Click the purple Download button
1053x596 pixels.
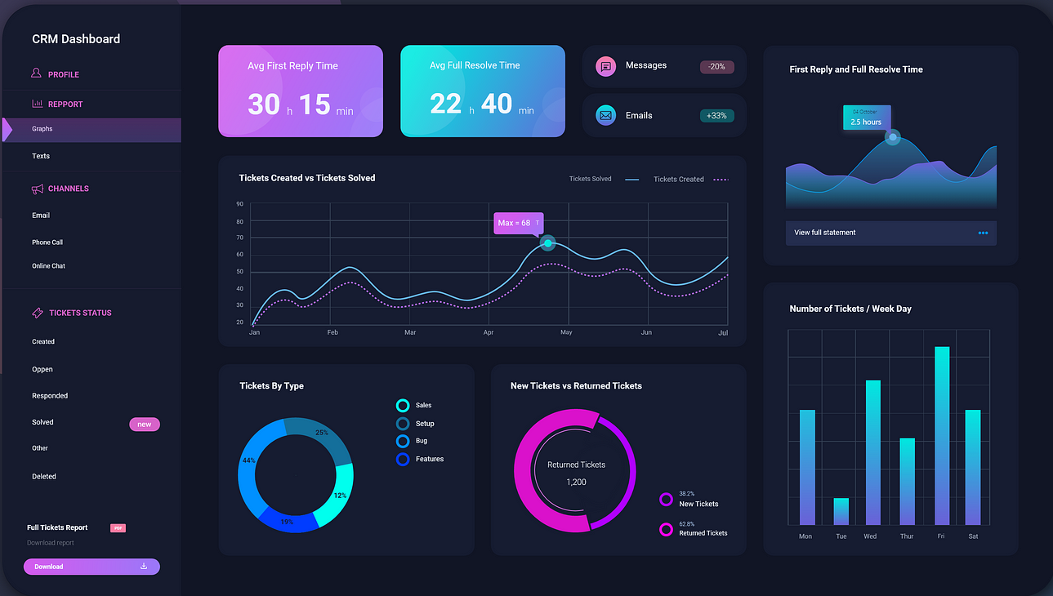tap(91, 567)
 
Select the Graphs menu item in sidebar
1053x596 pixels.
tap(42, 129)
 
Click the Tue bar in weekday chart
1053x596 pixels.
tap(841, 511)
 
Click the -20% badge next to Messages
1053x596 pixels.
tap(716, 67)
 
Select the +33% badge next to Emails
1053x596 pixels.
tap(716, 116)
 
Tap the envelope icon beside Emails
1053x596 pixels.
tap(605, 116)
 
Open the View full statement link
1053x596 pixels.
tap(825, 233)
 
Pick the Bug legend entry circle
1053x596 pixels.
tap(402, 441)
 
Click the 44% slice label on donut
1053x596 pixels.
tap(248, 460)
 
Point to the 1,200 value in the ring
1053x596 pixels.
tap(576, 482)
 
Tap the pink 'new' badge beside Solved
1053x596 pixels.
tap(145, 425)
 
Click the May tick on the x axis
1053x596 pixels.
tap(566, 333)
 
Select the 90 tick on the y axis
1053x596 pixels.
tap(239, 204)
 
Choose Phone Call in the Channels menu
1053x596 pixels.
tap(47, 242)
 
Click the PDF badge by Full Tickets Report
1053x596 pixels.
tap(118, 528)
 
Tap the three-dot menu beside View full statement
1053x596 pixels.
tap(983, 233)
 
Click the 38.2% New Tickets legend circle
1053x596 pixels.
tap(666, 500)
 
